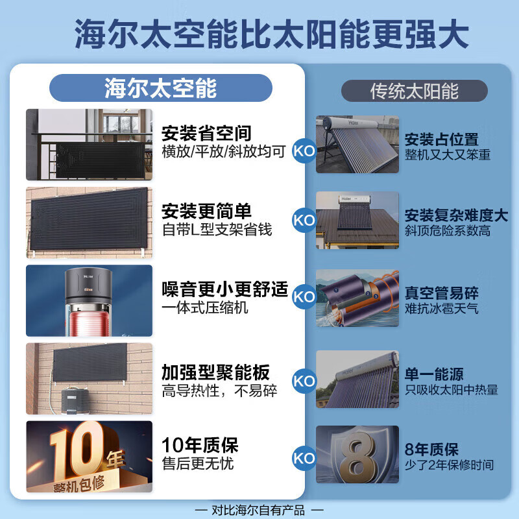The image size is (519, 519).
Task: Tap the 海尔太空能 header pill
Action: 161,88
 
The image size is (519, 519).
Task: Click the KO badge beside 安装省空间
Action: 304,148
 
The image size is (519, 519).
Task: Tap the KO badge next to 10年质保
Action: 304,458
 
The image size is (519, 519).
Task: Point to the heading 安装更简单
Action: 206,212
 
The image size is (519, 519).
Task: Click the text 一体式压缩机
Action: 205,308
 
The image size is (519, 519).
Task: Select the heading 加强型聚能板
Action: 215,372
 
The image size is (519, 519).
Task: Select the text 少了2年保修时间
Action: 448,465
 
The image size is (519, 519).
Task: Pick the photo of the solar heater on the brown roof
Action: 357,221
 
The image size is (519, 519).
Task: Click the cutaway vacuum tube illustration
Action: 357,298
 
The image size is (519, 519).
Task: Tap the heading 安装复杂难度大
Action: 456,215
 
